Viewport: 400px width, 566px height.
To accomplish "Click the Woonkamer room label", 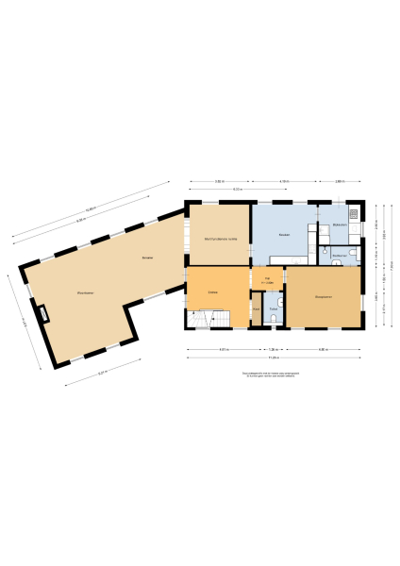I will point(85,292).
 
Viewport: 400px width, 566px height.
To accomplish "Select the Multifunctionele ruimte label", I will point(220,239).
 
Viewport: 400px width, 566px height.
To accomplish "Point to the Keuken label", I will point(284,234).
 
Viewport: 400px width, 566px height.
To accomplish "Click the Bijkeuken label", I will point(340,225).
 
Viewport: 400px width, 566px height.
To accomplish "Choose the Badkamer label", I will point(339,255).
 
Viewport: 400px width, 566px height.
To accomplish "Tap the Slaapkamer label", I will point(323,297).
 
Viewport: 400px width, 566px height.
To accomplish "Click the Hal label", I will point(268,278).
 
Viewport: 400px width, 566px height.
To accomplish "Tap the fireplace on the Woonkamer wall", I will point(43,314).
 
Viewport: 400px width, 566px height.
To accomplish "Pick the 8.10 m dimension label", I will point(239,190).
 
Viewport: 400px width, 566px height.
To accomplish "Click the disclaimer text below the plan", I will point(273,374).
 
